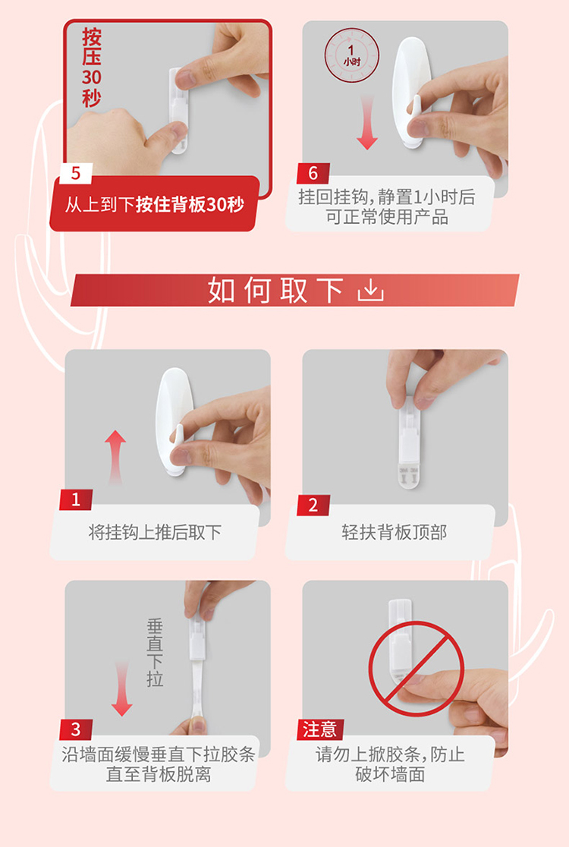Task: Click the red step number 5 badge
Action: tap(76, 173)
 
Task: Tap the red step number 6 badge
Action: tap(313, 173)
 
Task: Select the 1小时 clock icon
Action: tap(351, 55)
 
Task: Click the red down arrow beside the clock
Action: tap(367, 123)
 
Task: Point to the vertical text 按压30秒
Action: tap(92, 68)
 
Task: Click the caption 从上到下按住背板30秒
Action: tap(155, 205)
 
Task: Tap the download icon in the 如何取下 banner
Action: tap(371, 290)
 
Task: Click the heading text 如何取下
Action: tap(276, 290)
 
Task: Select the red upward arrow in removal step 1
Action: tap(115, 457)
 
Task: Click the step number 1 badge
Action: tap(76, 499)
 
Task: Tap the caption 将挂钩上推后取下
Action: tap(155, 533)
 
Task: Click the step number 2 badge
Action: tap(313, 505)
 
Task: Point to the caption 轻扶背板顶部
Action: tap(395, 533)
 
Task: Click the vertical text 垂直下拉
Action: tap(155, 653)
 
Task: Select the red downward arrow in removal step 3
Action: tap(122, 688)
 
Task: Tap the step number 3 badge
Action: tap(76, 730)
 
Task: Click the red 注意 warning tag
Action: tap(320, 730)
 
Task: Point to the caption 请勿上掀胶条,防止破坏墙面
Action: tap(390, 764)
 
